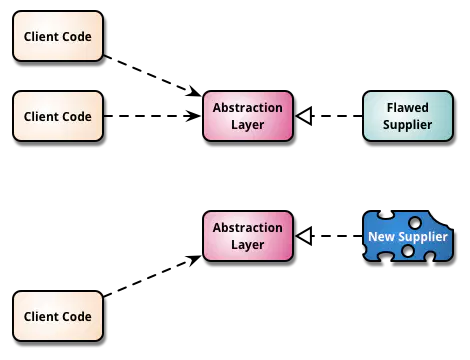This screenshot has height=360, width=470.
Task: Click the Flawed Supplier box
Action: pos(408,116)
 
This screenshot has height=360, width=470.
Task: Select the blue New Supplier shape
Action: pos(408,236)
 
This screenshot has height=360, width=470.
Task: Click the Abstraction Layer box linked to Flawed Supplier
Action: pos(248,116)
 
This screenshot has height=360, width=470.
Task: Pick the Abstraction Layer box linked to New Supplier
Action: pos(248,236)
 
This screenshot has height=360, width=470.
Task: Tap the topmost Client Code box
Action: pos(58,36)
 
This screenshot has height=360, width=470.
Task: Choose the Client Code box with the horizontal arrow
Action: pos(58,116)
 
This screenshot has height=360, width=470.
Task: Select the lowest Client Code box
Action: pos(58,316)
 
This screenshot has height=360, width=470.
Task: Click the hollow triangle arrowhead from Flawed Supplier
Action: pos(304,116)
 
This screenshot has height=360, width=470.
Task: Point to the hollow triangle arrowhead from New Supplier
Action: pos(304,236)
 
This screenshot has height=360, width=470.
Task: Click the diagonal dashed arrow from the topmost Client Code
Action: pos(153,76)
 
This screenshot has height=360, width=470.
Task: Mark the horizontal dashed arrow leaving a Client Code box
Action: pos(153,116)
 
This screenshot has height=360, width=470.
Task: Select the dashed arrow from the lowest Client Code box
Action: pos(153,276)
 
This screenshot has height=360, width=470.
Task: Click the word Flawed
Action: pos(408,108)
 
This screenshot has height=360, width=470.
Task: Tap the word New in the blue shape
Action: pos(381,236)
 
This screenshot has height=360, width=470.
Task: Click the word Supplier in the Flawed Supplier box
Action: pos(408,125)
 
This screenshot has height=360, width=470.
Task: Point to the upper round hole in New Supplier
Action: pos(415,222)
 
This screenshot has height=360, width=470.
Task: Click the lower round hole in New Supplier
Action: pos(408,251)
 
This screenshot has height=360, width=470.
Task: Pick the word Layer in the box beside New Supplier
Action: pos(248,245)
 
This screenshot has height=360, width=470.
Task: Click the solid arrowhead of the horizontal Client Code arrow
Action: pos(194,116)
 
